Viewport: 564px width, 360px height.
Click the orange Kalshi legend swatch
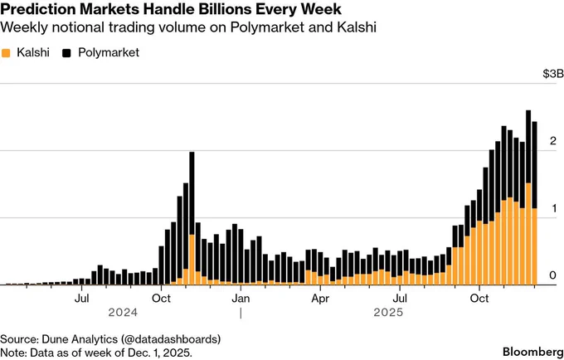point(7,53)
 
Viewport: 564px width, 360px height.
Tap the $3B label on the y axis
point(551,74)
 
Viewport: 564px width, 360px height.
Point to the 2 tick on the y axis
point(553,141)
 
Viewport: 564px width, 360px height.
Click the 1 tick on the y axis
point(553,208)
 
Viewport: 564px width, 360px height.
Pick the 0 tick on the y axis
point(553,275)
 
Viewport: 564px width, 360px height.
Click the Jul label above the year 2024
point(82,296)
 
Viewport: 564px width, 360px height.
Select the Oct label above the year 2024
point(161,296)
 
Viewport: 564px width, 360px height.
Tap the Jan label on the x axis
point(241,296)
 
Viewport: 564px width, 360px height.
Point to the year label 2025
point(387,313)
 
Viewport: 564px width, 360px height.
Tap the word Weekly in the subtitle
point(22,28)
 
